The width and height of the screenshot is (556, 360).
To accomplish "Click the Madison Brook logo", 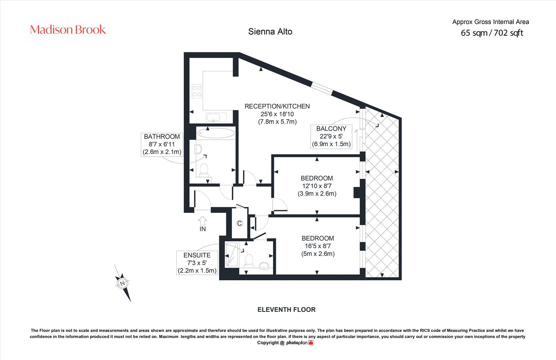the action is pyautogui.click(x=68, y=30).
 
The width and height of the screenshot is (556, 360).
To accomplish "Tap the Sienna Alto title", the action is pyautogui.click(x=270, y=32).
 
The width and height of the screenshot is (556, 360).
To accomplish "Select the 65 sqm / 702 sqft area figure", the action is pyautogui.click(x=492, y=33).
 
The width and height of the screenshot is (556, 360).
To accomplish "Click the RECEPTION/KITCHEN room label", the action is pyautogui.click(x=277, y=106).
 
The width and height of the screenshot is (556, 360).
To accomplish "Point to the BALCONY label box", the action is pyautogui.click(x=331, y=137).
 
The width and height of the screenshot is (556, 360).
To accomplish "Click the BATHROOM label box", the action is pyautogui.click(x=162, y=144).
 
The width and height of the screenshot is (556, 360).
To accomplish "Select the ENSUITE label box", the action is pyautogui.click(x=197, y=263).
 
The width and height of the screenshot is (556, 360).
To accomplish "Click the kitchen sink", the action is pyautogui.click(x=216, y=117).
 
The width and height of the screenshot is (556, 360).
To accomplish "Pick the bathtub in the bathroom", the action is pyautogui.click(x=216, y=133).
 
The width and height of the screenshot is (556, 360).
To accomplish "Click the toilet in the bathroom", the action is pyautogui.click(x=204, y=170).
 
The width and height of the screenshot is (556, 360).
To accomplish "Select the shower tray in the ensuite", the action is pyautogui.click(x=232, y=254).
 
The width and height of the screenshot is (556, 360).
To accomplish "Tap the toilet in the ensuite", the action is pyautogui.click(x=249, y=261).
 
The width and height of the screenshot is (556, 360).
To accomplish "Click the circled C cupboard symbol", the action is pyautogui.click(x=239, y=223).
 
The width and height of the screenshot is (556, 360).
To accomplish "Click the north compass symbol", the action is pyautogui.click(x=122, y=283).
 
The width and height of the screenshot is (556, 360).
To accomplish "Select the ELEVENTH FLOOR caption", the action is pyautogui.click(x=286, y=310).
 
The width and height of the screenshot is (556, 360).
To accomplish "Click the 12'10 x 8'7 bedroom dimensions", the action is pyautogui.click(x=317, y=186).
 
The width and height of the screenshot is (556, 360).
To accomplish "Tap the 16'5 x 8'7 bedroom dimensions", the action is pyautogui.click(x=318, y=246).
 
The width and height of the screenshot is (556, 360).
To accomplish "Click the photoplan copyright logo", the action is pyautogui.click(x=300, y=343).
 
